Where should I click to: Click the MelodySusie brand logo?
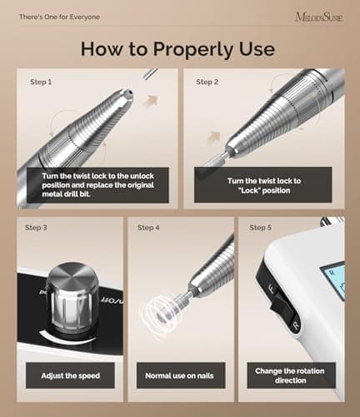pos(318,17)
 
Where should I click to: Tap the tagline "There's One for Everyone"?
pos(59,17)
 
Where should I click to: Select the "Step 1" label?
pos(41,82)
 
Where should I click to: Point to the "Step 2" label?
pos(207,82)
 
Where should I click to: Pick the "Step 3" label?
pos(36,228)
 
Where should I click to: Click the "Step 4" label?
pos(148,228)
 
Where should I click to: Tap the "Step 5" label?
pos(260,228)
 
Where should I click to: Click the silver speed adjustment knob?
pos(72,298)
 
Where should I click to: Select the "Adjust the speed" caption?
pos(71,376)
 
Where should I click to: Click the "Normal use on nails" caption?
pos(179,376)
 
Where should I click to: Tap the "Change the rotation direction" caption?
pos(290,375)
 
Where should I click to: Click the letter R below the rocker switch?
pos(296,324)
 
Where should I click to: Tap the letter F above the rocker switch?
pos(272,289)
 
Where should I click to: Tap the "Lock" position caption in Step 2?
pos(264,186)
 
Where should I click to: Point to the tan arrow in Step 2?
pos(213,137)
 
